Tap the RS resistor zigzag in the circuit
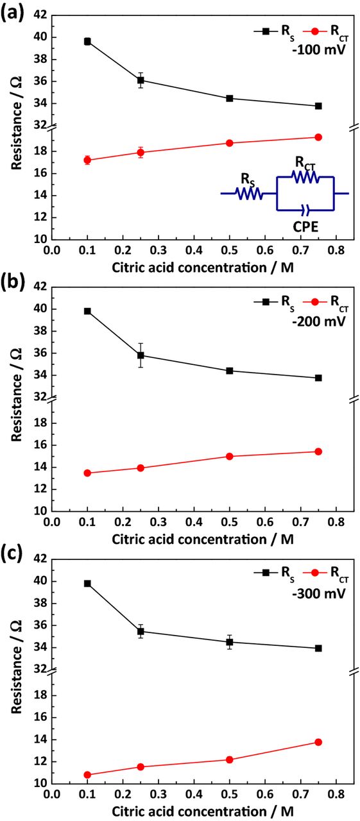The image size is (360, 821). pyautogui.click(x=249, y=193)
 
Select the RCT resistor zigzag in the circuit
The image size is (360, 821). pyautogui.click(x=305, y=177)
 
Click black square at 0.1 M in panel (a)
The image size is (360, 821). pyautogui.click(x=87, y=41)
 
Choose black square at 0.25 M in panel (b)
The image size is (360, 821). pyautogui.click(x=141, y=355)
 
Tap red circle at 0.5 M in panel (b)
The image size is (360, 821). pyautogui.click(x=230, y=456)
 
